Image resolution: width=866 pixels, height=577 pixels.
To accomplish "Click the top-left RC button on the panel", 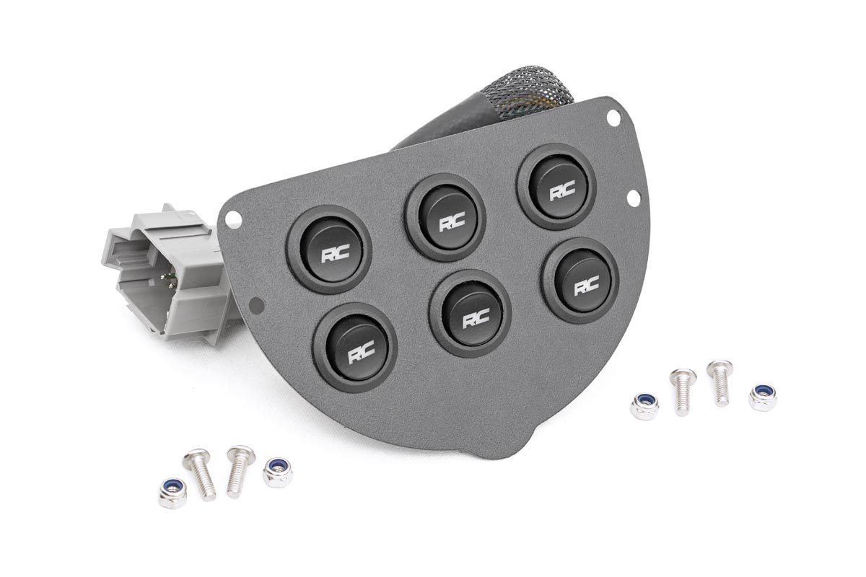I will tap(328, 248).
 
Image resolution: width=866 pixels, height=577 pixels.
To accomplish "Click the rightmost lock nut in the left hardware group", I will tap(277, 472).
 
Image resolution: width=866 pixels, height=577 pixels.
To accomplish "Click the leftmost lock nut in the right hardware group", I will tap(643, 406).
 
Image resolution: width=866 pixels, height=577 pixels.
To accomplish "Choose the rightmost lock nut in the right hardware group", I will tap(761, 397).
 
